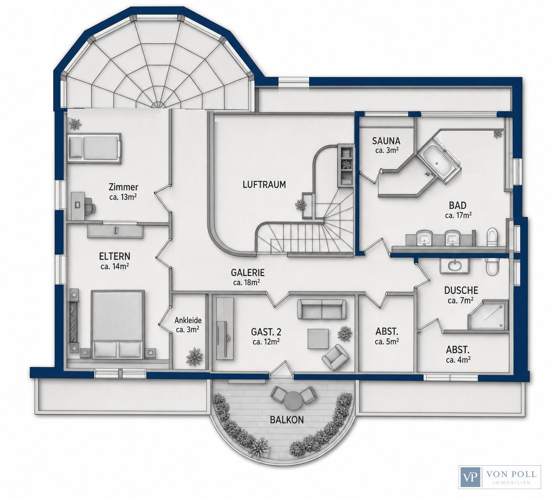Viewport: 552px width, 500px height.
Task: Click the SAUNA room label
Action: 386,141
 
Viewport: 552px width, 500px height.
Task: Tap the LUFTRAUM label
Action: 264,184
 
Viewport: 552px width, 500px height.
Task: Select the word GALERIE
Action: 248,272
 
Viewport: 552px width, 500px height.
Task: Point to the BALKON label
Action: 287,420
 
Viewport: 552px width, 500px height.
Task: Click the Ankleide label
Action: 188,320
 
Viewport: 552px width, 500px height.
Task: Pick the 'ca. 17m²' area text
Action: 458,215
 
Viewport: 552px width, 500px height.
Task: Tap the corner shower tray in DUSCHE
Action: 488,315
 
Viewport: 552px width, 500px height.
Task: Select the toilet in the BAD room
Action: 492,237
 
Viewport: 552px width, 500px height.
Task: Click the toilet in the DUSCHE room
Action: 492,266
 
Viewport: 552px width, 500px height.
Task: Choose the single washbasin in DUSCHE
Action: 454,266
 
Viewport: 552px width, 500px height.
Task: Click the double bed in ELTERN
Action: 118,324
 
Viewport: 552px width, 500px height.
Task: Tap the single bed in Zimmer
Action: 94,148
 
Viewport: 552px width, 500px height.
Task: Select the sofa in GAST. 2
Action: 321,310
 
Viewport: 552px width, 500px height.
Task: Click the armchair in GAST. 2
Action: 335,358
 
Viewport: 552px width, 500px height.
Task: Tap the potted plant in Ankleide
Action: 195,357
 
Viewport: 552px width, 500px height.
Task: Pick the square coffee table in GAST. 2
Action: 318,339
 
